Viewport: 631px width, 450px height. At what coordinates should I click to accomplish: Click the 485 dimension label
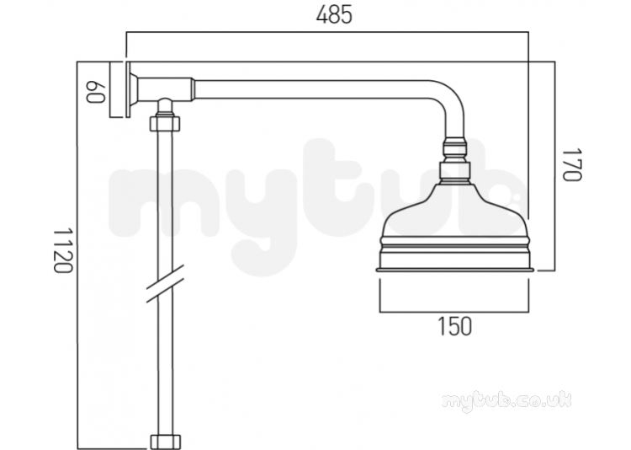tap(334, 15)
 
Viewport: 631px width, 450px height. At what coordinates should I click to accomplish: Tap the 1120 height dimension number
tap(63, 250)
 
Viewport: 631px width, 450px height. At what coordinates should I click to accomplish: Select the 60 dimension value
tap(96, 92)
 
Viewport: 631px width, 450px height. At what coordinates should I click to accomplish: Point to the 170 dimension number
tap(571, 165)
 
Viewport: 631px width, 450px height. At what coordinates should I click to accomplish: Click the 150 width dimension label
tap(454, 326)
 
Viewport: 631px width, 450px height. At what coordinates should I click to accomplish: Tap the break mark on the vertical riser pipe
tap(165, 283)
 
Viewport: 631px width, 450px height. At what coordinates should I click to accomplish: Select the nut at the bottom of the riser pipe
tap(165, 442)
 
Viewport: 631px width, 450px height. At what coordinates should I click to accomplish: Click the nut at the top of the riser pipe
tap(165, 123)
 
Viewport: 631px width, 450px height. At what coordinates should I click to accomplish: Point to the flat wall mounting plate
tap(128, 89)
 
